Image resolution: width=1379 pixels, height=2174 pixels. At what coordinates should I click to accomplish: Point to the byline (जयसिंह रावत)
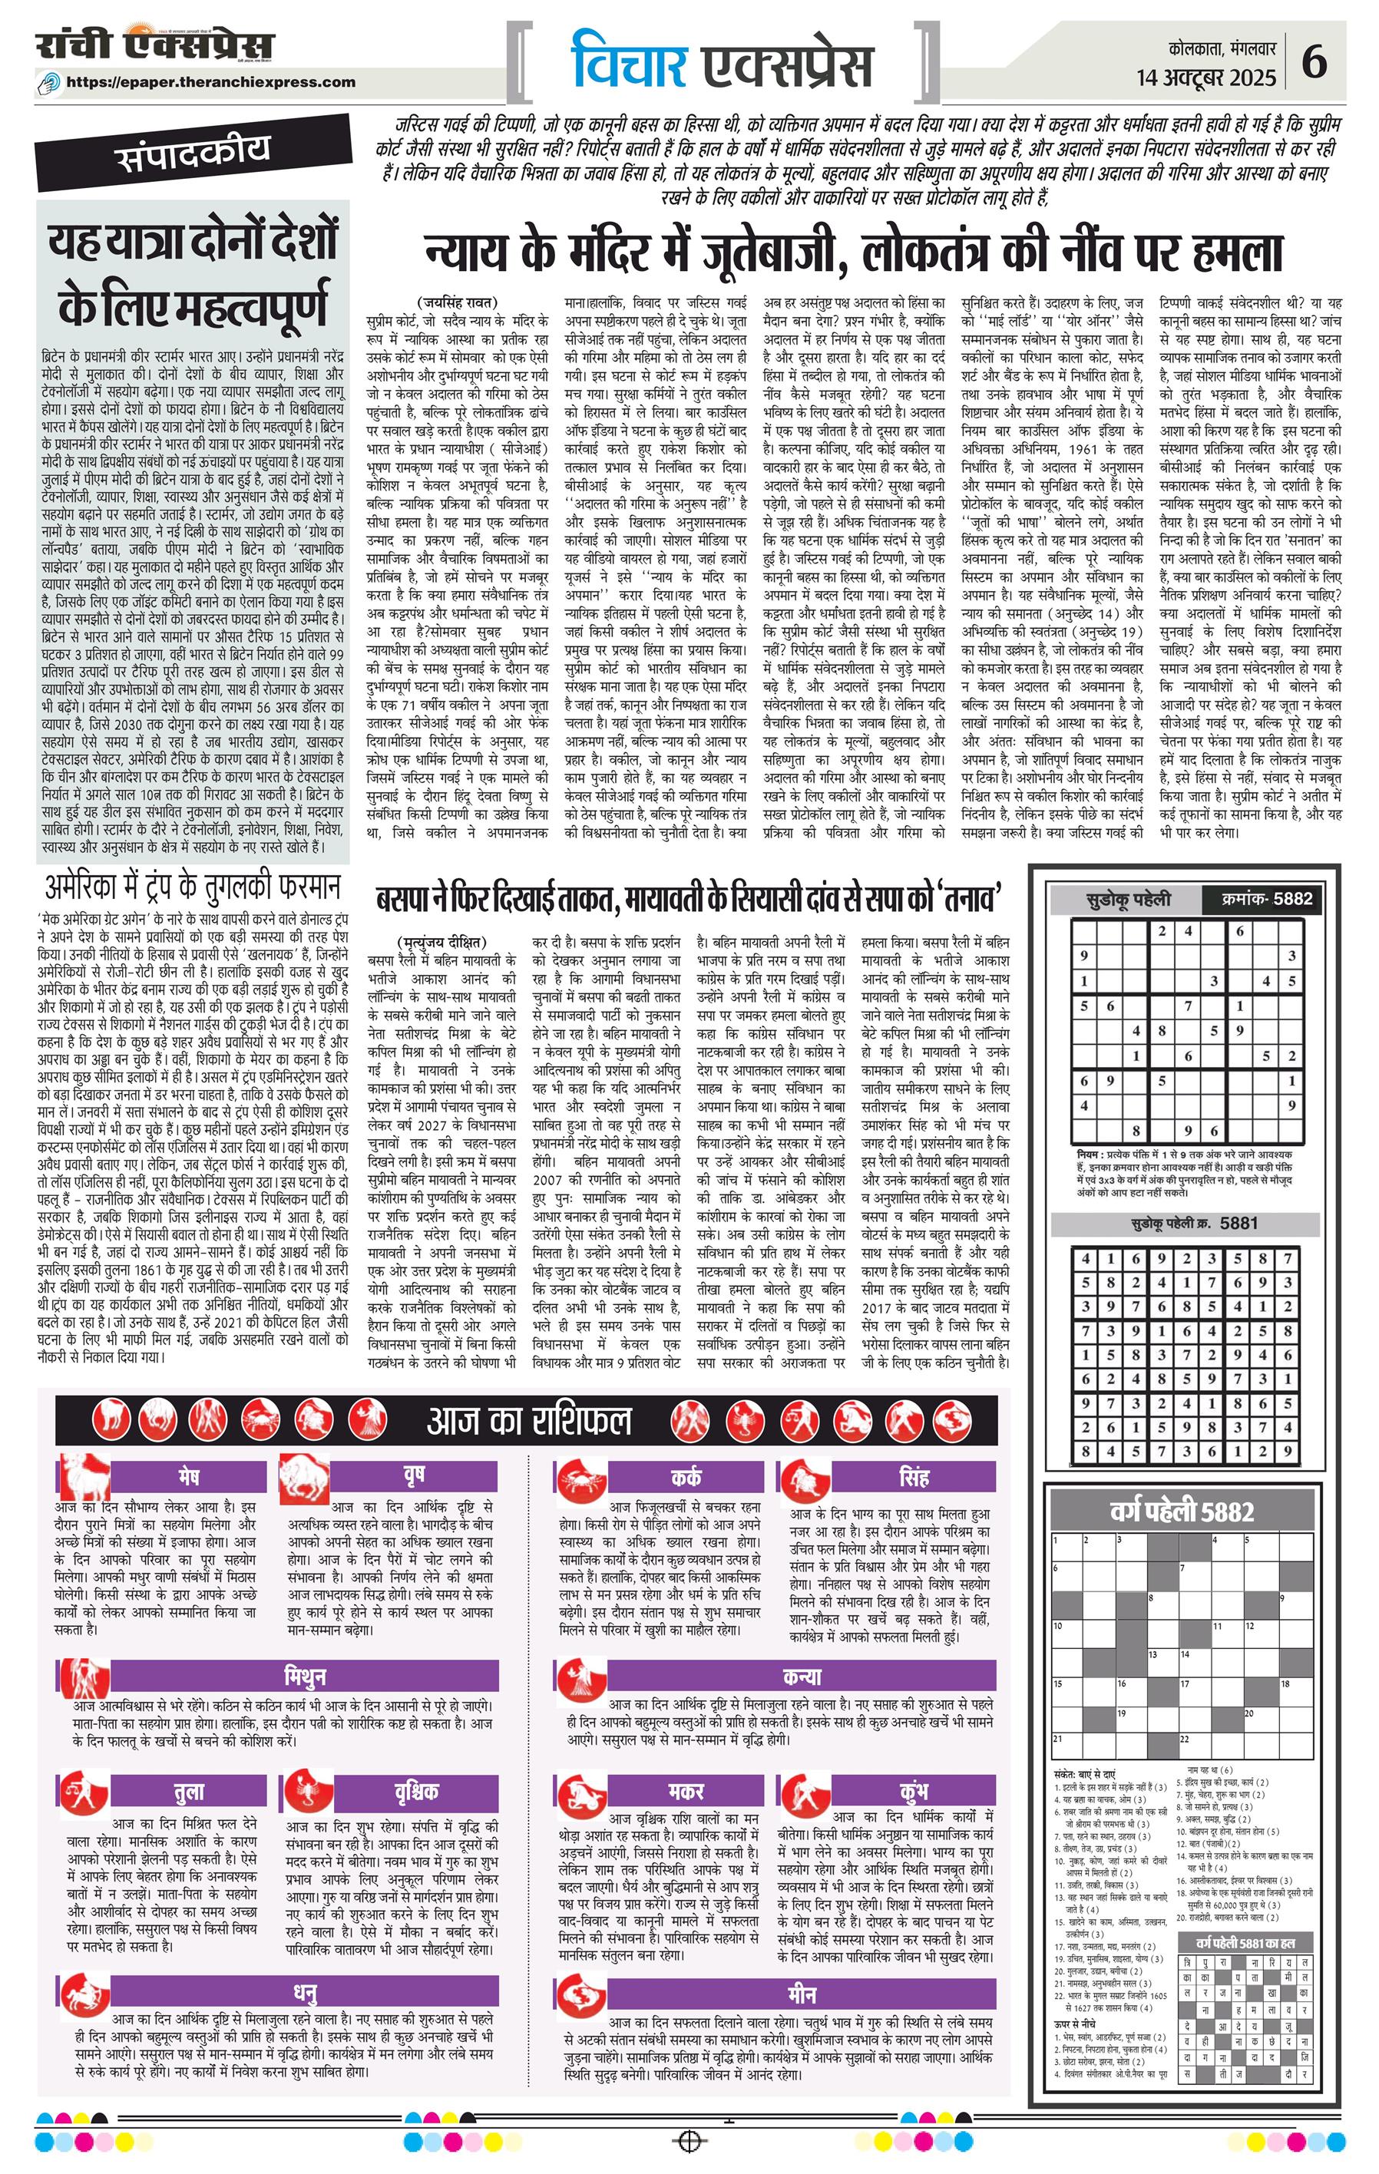point(458,302)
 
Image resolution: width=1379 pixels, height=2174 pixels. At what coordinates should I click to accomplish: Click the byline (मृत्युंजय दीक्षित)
point(440,940)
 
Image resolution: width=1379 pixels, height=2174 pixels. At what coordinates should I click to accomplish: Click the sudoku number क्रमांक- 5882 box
point(1262,898)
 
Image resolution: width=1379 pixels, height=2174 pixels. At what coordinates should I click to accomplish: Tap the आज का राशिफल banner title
point(529,1421)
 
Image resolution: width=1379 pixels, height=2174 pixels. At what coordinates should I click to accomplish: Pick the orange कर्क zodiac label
point(686,1477)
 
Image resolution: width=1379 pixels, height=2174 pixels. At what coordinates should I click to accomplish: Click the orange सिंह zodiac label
point(914,1477)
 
